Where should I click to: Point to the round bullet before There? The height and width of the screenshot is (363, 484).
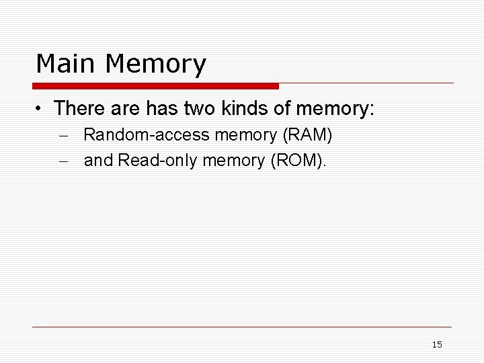tap(42, 108)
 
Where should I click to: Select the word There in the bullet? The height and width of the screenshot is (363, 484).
tap(81, 108)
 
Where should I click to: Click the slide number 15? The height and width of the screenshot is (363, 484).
tap(437, 345)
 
